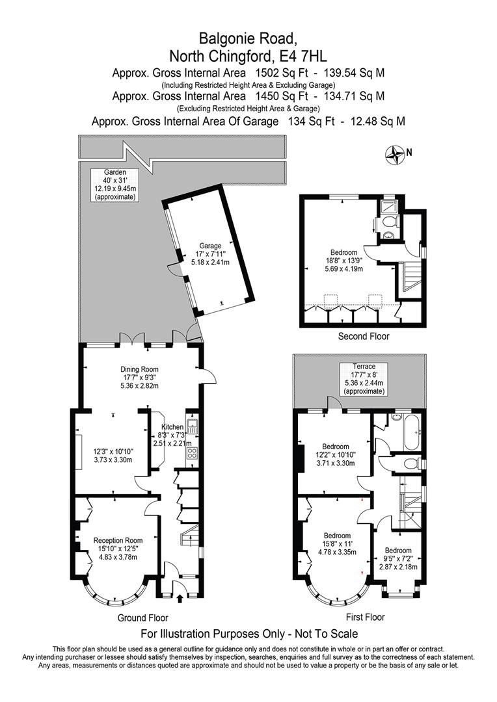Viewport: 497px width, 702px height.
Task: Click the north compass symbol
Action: click(395, 154)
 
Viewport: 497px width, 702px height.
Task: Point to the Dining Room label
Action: click(138, 376)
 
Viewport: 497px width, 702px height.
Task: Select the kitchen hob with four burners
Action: click(193, 454)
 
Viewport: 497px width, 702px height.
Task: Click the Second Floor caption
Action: click(364, 337)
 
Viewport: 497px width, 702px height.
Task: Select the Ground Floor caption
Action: click(142, 617)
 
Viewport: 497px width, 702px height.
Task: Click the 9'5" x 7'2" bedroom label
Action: click(397, 558)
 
